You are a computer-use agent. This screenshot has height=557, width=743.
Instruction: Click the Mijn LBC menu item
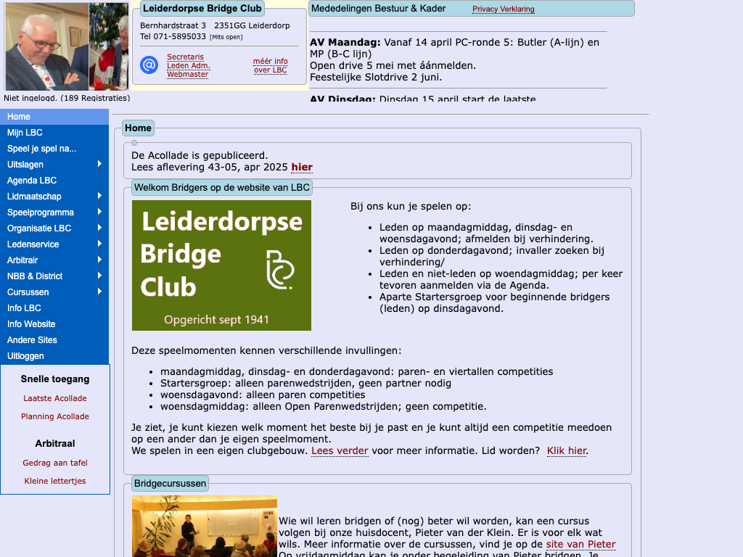point(25,133)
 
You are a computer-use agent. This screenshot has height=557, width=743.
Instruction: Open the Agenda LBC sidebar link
point(32,181)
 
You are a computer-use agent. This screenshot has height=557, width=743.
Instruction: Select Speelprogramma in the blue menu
point(41,213)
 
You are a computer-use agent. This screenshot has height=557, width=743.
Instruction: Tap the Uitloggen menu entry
point(25,356)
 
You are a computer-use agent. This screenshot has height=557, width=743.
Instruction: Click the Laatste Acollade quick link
point(55,398)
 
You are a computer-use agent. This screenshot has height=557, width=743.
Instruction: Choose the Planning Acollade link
point(55,416)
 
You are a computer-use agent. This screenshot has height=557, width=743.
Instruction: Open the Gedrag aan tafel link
point(55,463)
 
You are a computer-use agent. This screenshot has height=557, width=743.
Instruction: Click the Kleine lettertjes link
point(55,481)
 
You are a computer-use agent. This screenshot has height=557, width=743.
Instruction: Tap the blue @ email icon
point(149,65)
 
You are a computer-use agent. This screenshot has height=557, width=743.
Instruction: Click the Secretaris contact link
point(185,57)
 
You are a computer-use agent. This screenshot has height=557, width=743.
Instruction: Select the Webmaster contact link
point(187,74)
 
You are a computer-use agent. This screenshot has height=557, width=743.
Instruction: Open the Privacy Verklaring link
point(503,9)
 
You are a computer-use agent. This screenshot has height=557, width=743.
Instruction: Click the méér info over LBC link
point(270,65)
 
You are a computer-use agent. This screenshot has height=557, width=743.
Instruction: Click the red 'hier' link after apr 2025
point(302,168)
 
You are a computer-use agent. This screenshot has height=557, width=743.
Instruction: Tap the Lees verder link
point(340,451)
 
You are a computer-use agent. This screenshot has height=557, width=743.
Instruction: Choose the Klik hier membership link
point(567,451)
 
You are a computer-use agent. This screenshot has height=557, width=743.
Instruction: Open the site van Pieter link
point(580,545)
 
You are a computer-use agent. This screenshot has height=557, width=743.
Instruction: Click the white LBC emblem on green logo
point(279,270)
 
